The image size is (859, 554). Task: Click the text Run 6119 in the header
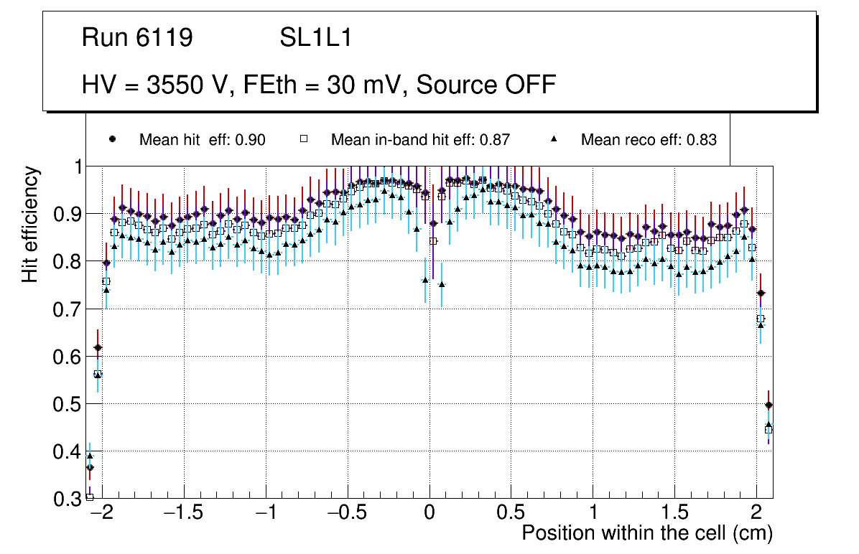137,38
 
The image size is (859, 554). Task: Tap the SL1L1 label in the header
315,38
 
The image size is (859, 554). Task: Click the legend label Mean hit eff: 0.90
202,140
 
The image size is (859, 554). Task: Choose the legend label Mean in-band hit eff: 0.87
420,140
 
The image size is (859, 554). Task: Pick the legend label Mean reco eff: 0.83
649,140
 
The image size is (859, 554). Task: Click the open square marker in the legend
305,140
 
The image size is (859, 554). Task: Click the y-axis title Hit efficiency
30,224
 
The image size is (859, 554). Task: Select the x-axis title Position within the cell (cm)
646,533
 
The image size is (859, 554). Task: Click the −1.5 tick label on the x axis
183,513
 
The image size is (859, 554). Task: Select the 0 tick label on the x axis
429,513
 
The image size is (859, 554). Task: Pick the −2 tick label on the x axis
102,513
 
